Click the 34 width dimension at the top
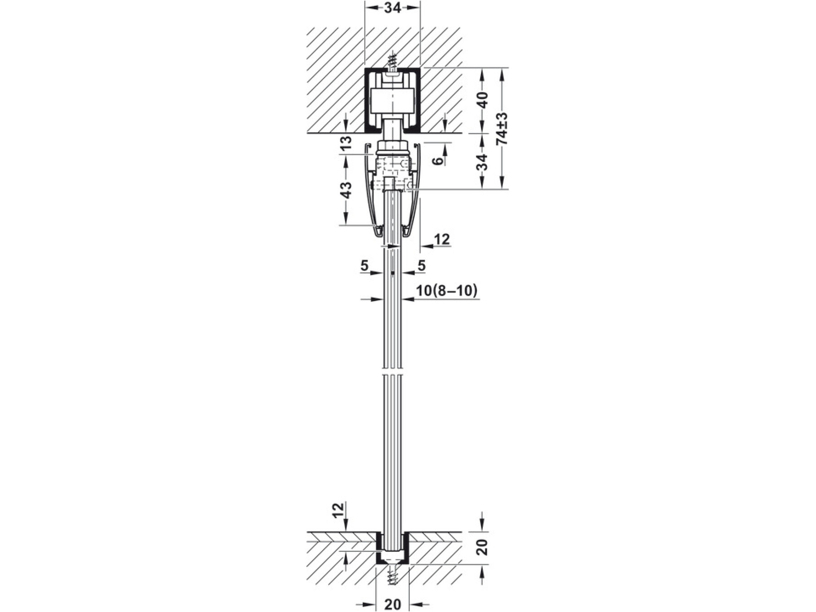[x=392, y=8]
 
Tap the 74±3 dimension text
[x=502, y=128]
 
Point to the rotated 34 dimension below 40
[x=483, y=162]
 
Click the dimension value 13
[x=346, y=143]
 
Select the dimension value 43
[x=346, y=190]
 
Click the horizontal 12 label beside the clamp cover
[x=442, y=239]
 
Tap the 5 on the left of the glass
[x=364, y=266]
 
